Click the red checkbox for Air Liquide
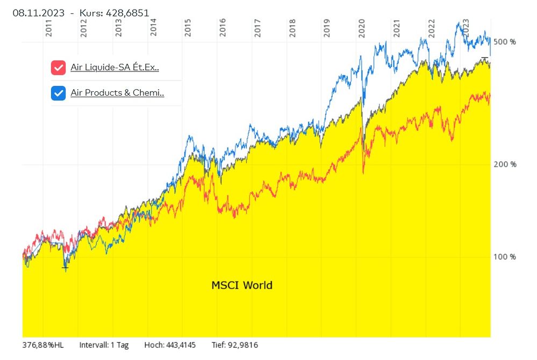tap(58, 68)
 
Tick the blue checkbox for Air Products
tap(58, 93)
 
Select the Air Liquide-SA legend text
tap(114, 68)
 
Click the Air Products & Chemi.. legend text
tap(117, 93)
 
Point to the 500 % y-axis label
tap(505, 42)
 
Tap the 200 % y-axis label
tap(505, 164)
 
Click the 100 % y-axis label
tap(505, 257)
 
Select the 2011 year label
tap(49, 28)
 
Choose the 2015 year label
tap(188, 28)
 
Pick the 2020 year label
tap(362, 28)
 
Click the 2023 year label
tap(466, 28)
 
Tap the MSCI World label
tap(242, 285)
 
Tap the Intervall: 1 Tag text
tap(104, 345)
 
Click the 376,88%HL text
tap(43, 345)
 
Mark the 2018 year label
tap(292, 28)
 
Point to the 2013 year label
tap(118, 28)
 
